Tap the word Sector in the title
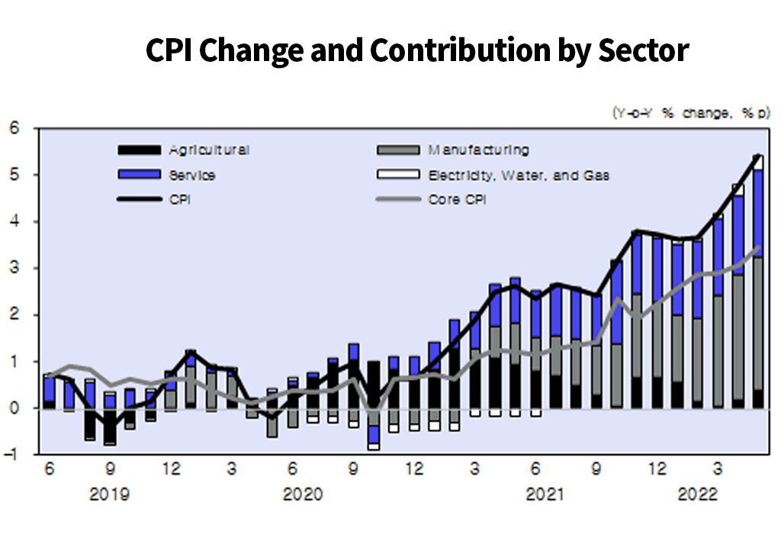(x=643, y=51)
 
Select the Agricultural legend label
(x=209, y=150)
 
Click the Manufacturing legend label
(x=478, y=150)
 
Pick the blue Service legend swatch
(x=139, y=175)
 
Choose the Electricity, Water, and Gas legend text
(x=519, y=176)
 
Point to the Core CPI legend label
(x=457, y=200)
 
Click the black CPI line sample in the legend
(x=139, y=200)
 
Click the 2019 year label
(x=109, y=495)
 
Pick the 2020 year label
(x=303, y=495)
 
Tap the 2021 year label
(x=545, y=495)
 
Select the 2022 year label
(x=698, y=495)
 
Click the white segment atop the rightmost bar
(x=758, y=163)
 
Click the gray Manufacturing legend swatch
(x=398, y=150)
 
